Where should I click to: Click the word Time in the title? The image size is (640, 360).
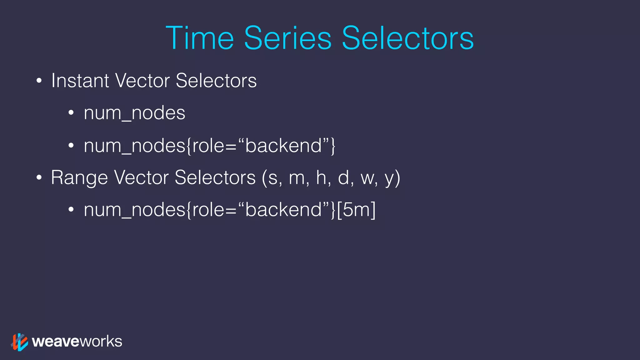point(200,38)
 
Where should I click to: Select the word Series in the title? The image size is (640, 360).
point(287,38)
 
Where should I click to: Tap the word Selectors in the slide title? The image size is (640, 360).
point(408,38)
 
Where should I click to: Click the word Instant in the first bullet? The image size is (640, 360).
point(80,81)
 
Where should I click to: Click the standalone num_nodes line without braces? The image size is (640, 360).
point(134,113)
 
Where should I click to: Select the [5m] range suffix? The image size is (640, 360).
point(357,209)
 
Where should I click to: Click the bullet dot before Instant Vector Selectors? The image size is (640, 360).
point(39,81)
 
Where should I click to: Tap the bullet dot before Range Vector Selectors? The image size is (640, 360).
point(39,178)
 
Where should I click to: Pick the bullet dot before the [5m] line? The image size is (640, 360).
point(71,210)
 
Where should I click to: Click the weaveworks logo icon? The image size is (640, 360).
point(19,342)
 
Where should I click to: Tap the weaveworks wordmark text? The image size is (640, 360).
point(77,341)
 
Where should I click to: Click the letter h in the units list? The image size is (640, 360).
point(321,177)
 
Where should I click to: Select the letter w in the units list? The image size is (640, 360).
point(367,178)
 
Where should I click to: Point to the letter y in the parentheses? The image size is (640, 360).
point(389,179)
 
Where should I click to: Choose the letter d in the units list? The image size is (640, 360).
point(343,177)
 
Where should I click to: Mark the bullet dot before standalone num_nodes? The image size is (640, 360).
point(71,113)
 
